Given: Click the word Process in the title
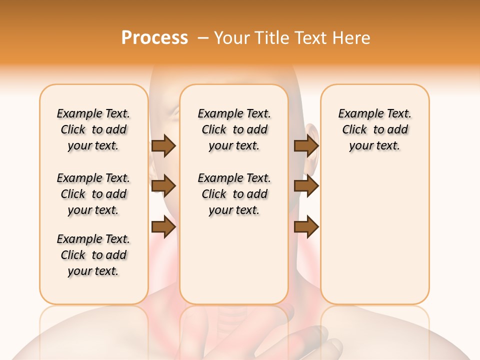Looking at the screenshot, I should pyautogui.click(x=154, y=38).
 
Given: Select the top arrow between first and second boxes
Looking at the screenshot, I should pyautogui.click(x=163, y=145).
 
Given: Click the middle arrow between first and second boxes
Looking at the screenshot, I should pyautogui.click(x=163, y=186).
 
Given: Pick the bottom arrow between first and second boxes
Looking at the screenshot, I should pyautogui.click(x=163, y=226).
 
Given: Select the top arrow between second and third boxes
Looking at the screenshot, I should pyautogui.click(x=306, y=145).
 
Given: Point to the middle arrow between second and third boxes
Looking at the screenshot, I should pyautogui.click(x=306, y=186).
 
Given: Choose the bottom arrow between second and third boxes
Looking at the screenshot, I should pyautogui.click(x=306, y=226).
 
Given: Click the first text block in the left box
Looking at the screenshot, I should pyautogui.click(x=93, y=129).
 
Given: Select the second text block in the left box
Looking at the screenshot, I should pyautogui.click(x=93, y=194).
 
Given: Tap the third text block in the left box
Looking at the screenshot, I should pyautogui.click(x=93, y=255).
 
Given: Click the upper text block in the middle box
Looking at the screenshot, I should pyautogui.click(x=234, y=129).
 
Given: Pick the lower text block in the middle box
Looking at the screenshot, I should pyautogui.click(x=234, y=194).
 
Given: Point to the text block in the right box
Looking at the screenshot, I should pyautogui.click(x=375, y=129).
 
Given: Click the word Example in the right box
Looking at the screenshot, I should pyautogui.click(x=361, y=114).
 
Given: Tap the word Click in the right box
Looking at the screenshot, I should pyautogui.click(x=354, y=130).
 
